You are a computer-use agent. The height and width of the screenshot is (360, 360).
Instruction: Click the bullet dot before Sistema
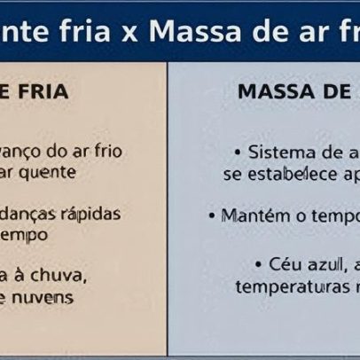pyautogui.click(x=238, y=153)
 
